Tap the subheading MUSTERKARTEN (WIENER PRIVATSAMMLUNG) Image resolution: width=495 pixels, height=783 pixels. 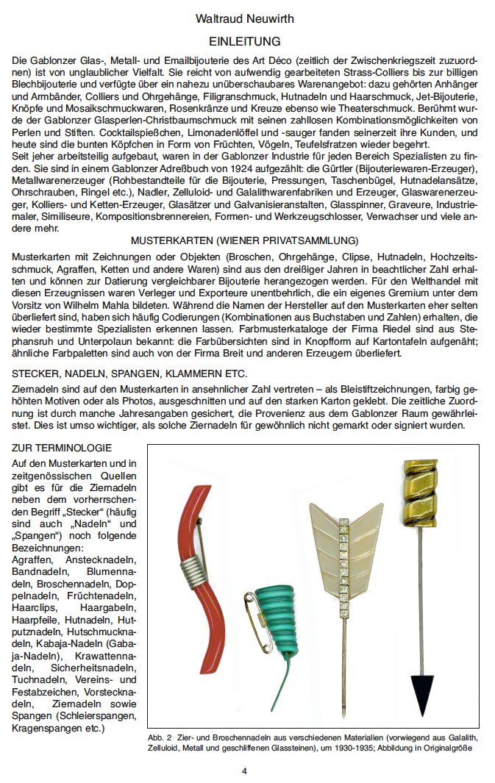[244, 241]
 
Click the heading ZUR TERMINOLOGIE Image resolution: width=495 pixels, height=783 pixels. [62, 448]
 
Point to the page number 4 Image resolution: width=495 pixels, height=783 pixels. [244, 771]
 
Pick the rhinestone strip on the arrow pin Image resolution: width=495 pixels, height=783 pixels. [342, 559]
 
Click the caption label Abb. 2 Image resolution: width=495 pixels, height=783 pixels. [160, 737]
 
